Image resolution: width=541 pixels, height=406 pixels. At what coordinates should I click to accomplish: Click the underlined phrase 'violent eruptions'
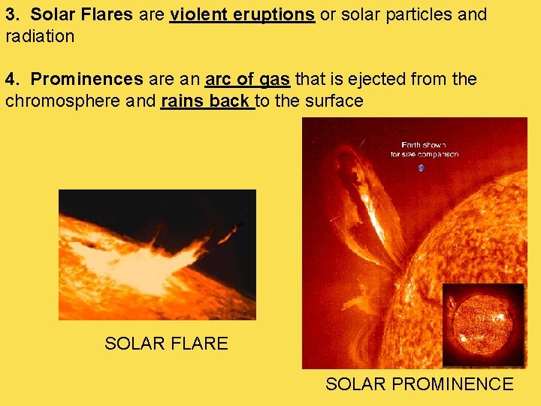[242, 14]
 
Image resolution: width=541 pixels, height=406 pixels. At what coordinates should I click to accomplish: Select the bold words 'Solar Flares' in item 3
[83, 14]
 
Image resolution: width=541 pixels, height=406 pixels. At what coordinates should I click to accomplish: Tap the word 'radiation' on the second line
[40, 36]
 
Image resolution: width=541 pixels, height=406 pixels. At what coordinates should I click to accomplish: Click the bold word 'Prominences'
[86, 79]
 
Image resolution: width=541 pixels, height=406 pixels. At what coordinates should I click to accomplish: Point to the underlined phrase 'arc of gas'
[247, 79]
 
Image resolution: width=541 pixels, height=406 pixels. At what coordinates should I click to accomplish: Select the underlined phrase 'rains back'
[207, 101]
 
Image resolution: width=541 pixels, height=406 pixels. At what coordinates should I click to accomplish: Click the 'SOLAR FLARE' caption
[166, 344]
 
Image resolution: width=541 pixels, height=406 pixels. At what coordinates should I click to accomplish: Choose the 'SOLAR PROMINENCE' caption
[419, 384]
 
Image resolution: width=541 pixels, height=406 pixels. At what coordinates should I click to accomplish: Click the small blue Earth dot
[421, 168]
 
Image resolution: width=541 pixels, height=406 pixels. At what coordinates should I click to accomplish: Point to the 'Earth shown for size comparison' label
[425, 149]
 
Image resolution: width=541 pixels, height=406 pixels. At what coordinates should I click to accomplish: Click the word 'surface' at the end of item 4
[335, 101]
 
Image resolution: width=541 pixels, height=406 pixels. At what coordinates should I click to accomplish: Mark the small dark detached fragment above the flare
[238, 224]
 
